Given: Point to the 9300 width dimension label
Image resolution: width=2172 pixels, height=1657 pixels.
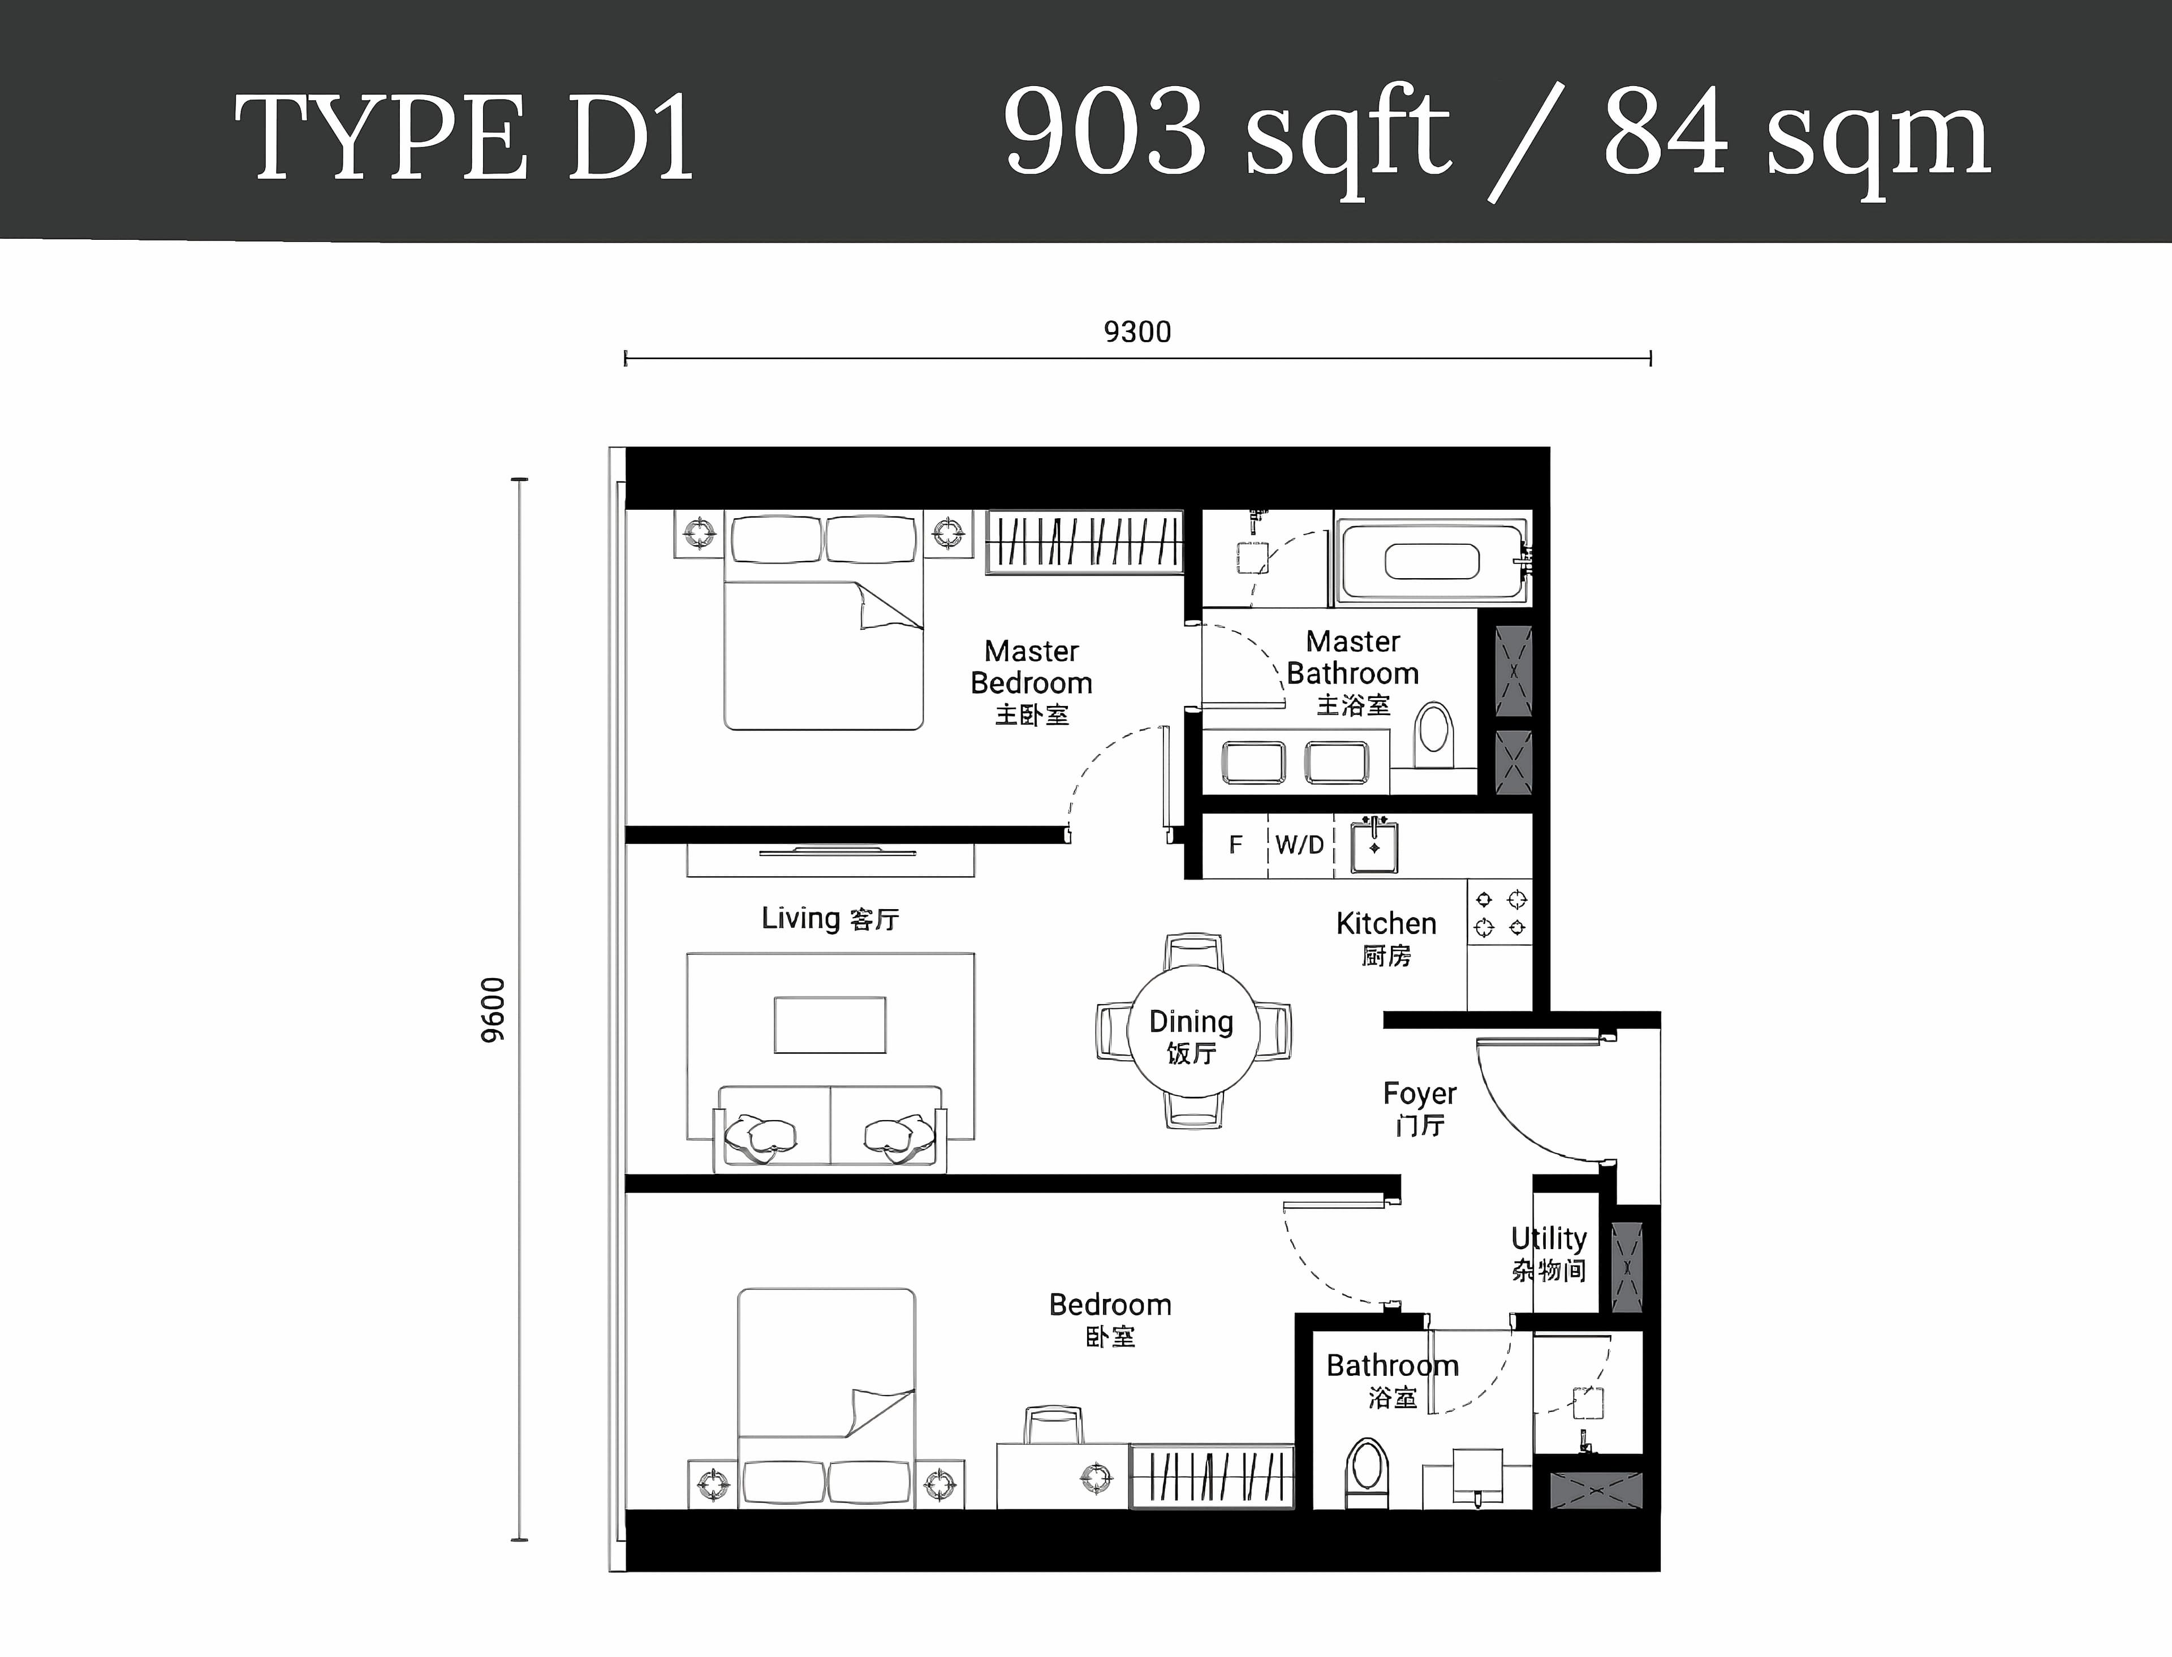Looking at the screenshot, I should click(x=1137, y=333).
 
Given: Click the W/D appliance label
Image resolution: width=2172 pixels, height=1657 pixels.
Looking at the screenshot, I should click(x=1299, y=845).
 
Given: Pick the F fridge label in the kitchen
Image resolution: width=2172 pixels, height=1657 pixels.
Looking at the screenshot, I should click(x=1235, y=845).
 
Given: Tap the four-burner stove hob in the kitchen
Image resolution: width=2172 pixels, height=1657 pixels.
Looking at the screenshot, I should click(x=1499, y=913).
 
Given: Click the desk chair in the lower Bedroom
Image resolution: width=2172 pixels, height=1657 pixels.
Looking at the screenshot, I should click(x=1053, y=1425).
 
